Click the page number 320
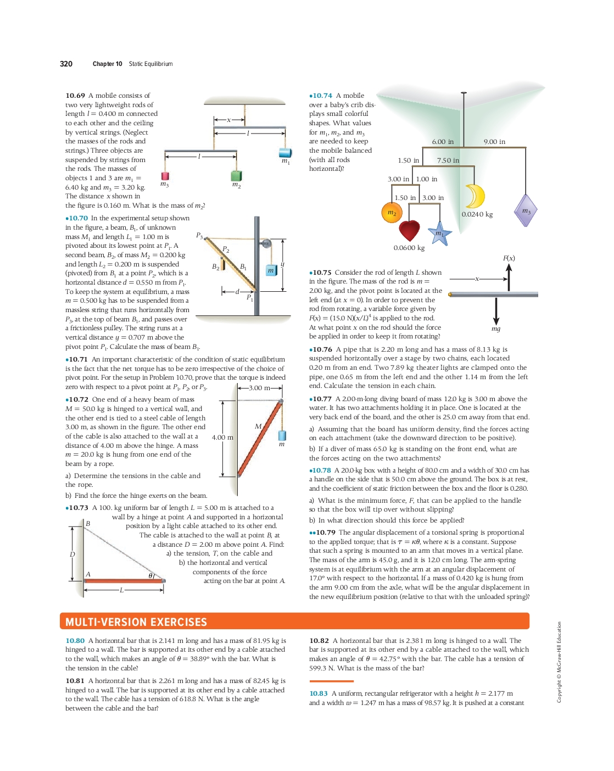[x=66, y=64]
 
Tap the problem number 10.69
[x=75, y=96]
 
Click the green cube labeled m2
[x=236, y=176]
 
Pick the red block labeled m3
[x=165, y=176]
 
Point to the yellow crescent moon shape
[x=475, y=196]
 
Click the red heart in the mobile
[x=409, y=230]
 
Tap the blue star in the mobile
[x=439, y=233]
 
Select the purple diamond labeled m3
[x=526, y=210]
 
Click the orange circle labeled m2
[x=392, y=213]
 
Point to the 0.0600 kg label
[x=409, y=248]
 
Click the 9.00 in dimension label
[x=494, y=142]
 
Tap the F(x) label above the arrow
[x=509, y=258]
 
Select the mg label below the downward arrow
[x=496, y=329]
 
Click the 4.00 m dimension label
[x=222, y=437]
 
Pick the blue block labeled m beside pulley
[x=271, y=270]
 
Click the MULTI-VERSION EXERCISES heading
[x=136, y=622]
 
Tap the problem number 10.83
[x=319, y=694]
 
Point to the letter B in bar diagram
[x=88, y=524]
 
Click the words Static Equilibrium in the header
[x=150, y=64]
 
